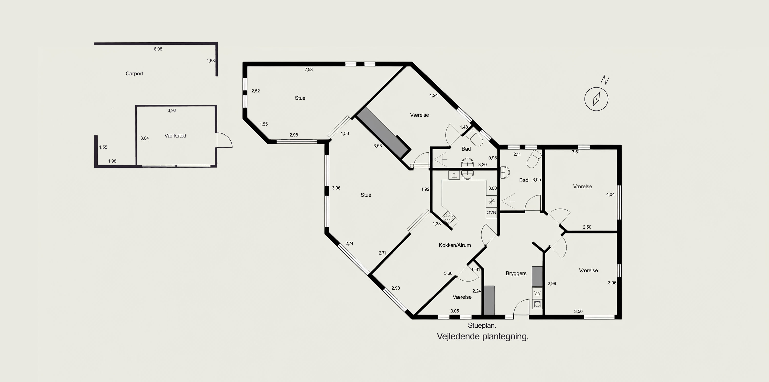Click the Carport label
pyautogui.click(x=134, y=73)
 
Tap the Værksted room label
pyautogui.click(x=175, y=136)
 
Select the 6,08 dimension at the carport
pyautogui.click(x=158, y=49)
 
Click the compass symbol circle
pyautogui.click(x=596, y=99)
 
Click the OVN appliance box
pyautogui.click(x=491, y=213)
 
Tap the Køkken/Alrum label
pyautogui.click(x=455, y=245)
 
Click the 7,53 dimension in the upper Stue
pyautogui.click(x=309, y=70)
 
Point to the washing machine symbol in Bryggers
pyautogui.click(x=537, y=304)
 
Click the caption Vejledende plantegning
pyautogui.click(x=483, y=336)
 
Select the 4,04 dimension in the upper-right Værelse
pyautogui.click(x=610, y=194)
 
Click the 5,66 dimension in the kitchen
pyautogui.click(x=448, y=273)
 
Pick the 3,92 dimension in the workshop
pyautogui.click(x=172, y=111)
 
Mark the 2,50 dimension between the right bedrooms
pyautogui.click(x=587, y=227)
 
